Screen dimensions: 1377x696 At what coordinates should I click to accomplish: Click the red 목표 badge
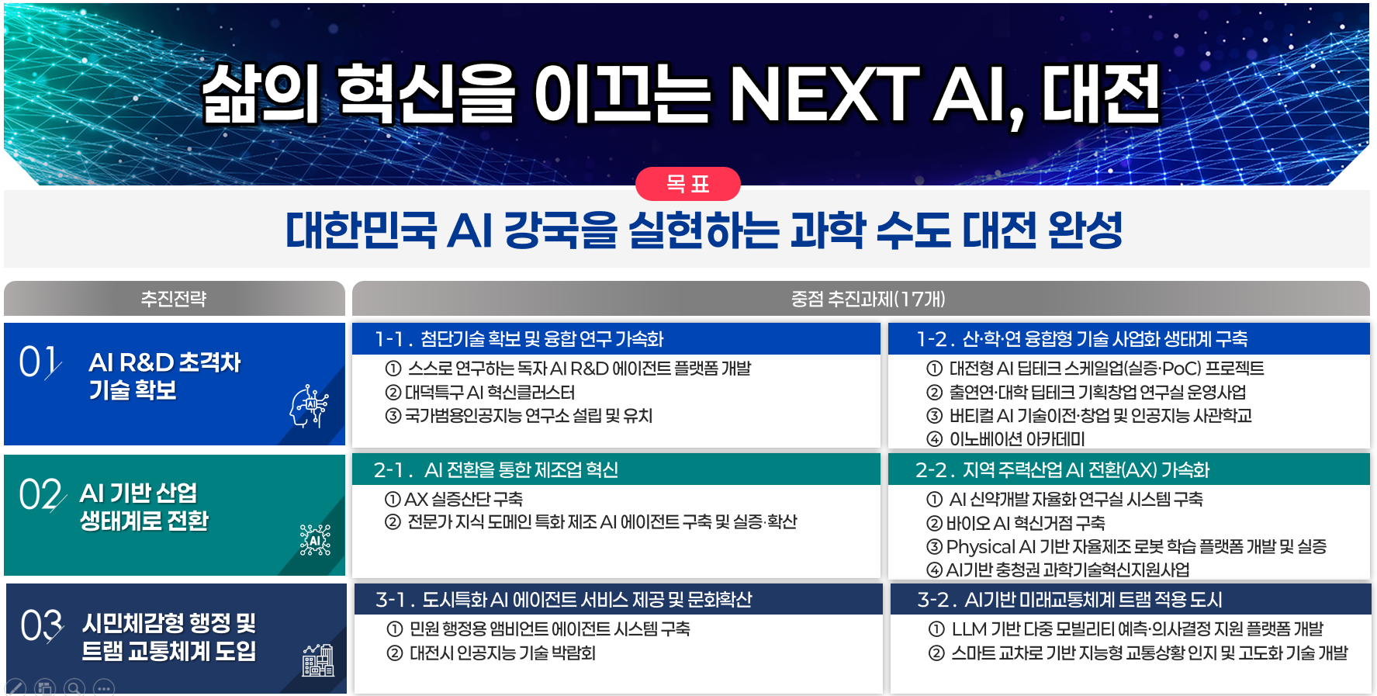pyautogui.click(x=687, y=184)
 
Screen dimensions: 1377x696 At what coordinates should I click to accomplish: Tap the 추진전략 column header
pyautogui.click(x=174, y=299)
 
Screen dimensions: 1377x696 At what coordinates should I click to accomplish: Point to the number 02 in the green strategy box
pyautogui.click(x=41, y=494)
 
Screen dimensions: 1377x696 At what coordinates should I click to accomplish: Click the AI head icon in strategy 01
pyautogui.click(x=309, y=406)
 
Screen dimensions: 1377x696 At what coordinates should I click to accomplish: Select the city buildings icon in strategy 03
pyautogui.click(x=318, y=660)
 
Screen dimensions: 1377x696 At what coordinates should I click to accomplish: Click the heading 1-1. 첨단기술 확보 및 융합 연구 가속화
pyautogui.click(x=519, y=339)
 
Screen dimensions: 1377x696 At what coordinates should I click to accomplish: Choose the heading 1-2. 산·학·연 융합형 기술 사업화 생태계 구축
pyautogui.click(x=1081, y=339)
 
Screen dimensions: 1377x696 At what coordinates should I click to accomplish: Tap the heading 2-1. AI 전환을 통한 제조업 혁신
pyautogui.click(x=496, y=470)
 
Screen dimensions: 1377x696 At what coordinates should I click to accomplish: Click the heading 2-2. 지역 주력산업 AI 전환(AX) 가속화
pyautogui.click(x=1062, y=470)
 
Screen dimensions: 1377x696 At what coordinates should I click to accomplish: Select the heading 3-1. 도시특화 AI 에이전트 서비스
pyautogui.click(x=564, y=600)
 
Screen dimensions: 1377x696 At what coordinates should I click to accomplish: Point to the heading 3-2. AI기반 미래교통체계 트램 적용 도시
pyautogui.click(x=1070, y=600)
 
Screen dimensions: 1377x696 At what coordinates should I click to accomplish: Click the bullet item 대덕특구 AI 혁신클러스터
pyautogui.click(x=480, y=393)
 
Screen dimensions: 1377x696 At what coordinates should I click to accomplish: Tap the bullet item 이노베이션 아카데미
pyautogui.click(x=1006, y=439)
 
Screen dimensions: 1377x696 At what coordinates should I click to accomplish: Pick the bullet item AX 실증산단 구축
pyautogui.click(x=454, y=499)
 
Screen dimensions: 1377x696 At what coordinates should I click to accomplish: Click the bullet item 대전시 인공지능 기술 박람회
pyautogui.click(x=491, y=653)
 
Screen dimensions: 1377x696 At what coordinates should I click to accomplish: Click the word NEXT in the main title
pyautogui.click(x=824, y=95)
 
